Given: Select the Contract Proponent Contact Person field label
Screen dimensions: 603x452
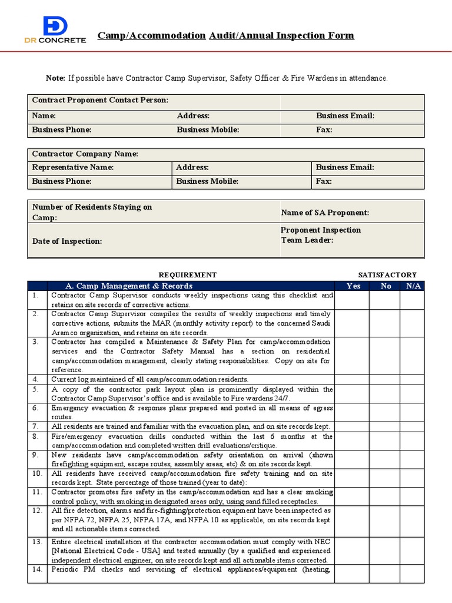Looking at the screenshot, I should click(100, 101).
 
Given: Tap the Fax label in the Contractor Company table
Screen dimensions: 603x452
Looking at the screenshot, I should click(324, 181).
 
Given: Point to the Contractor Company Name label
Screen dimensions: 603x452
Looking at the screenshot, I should click(85, 154).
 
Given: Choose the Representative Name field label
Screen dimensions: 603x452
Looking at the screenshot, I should click(73, 168).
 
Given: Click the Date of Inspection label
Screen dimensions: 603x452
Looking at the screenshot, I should click(67, 241).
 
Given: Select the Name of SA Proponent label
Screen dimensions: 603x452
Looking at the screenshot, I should click(325, 213).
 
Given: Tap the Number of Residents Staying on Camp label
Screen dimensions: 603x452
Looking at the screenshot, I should click(92, 212).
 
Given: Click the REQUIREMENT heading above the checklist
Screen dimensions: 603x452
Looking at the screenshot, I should click(188, 275).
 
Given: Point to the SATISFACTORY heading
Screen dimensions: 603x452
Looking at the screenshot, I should click(387, 275).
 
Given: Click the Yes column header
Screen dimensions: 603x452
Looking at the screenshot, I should click(353, 286).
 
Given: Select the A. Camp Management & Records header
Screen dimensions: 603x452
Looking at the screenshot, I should click(128, 286).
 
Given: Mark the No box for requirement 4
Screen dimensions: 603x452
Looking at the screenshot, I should click(385, 379).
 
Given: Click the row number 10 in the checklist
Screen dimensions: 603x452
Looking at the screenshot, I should click(38, 473).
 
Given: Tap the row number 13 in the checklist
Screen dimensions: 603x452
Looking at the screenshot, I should click(38, 542).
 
